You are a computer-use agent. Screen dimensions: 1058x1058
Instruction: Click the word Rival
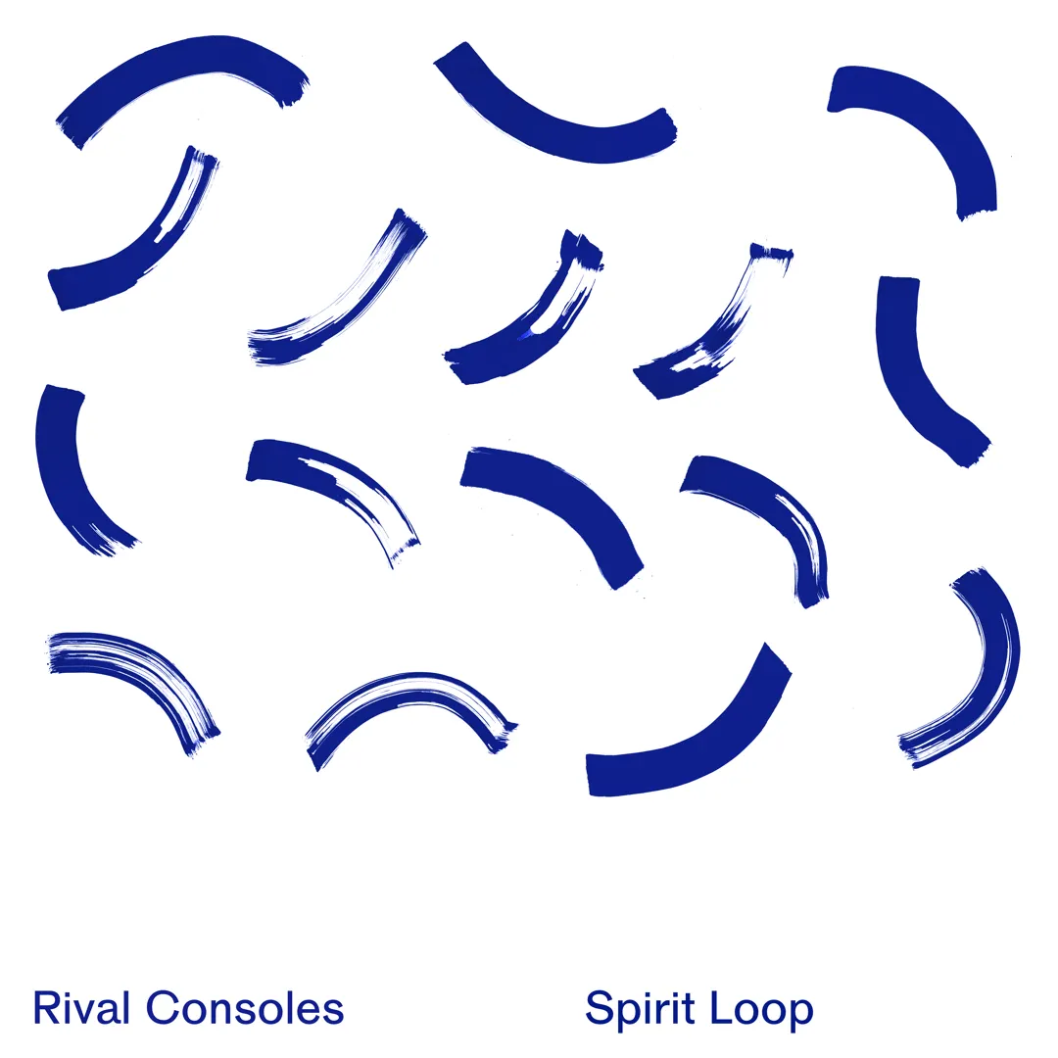point(82,1008)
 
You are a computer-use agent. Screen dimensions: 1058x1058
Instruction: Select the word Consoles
point(245,1008)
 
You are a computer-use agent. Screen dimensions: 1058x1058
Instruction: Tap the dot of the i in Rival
point(70,992)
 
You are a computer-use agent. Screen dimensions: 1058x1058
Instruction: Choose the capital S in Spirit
point(600,1009)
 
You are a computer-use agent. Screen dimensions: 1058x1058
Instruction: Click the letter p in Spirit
point(628,1015)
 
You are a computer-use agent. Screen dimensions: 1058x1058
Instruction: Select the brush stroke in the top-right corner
point(931,118)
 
